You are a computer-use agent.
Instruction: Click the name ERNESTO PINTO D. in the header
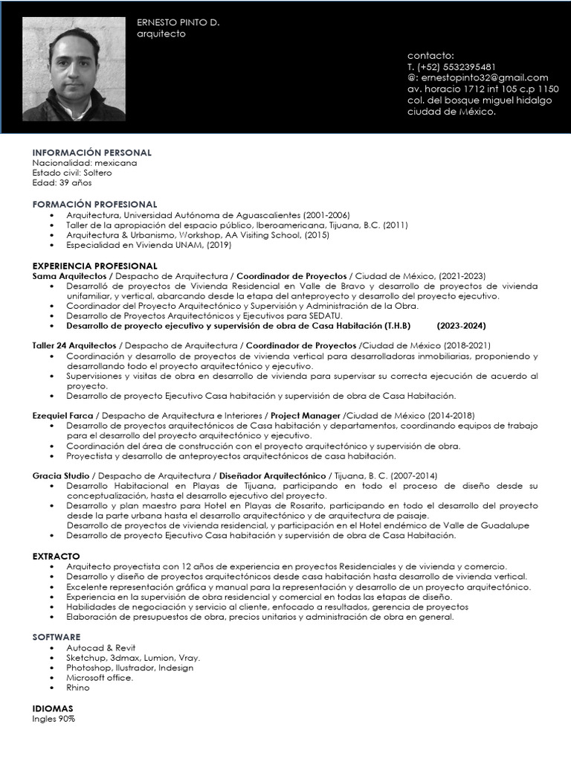click(178, 22)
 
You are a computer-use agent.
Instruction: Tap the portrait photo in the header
click(74, 69)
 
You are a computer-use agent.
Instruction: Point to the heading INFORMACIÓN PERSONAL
click(91, 153)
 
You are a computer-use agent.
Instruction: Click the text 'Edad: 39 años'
click(61, 183)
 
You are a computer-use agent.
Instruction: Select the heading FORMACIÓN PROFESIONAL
click(94, 204)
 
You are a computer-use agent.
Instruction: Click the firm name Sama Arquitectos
click(69, 276)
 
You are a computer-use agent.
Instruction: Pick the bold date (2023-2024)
click(461, 326)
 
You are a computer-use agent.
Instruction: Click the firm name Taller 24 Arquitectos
click(74, 346)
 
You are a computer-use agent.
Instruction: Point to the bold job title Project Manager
click(305, 415)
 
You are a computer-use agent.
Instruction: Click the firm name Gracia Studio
click(61, 476)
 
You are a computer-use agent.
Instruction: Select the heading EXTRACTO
click(56, 556)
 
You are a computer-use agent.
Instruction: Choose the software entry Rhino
click(77, 688)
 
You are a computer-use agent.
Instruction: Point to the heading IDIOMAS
click(53, 708)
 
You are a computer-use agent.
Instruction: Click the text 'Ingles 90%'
click(54, 720)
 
